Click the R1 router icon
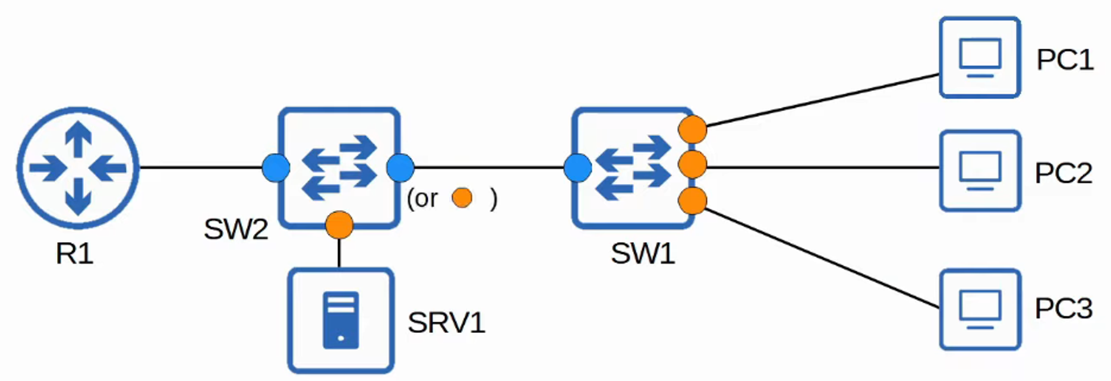[78, 168]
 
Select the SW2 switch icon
[339, 168]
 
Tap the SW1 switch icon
[633, 168]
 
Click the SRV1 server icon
[341, 320]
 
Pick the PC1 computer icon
[980, 58]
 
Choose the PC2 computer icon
[980, 171]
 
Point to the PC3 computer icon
[980, 309]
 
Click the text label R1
[75, 254]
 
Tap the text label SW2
[236, 229]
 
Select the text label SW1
[643, 254]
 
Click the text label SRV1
[446, 323]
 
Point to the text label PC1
[1065, 60]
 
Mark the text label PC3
[1063, 309]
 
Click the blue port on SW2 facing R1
[276, 168]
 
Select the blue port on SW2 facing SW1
[400, 168]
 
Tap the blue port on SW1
[577, 168]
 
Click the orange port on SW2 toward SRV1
[339, 225]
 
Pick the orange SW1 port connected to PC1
[693, 129]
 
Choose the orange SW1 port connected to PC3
[693, 201]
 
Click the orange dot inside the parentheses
[462, 198]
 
